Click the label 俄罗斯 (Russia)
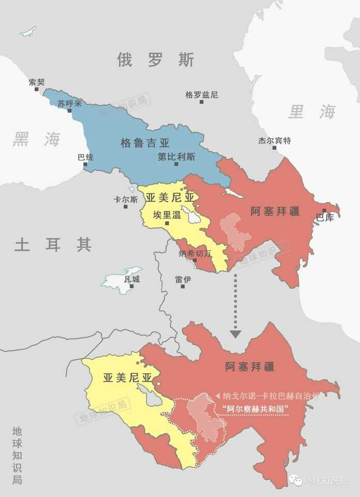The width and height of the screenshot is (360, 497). click(x=156, y=60)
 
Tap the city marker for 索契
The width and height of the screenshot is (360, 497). click(x=37, y=89)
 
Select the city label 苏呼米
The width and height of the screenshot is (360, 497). click(x=70, y=103)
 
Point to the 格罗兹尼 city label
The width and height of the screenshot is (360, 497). click(x=202, y=95)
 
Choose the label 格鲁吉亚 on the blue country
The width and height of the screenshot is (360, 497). click(x=145, y=143)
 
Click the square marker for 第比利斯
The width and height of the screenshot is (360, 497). click(x=176, y=164)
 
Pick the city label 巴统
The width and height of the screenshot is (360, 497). click(x=85, y=157)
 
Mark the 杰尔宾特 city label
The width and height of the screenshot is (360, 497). click(x=275, y=140)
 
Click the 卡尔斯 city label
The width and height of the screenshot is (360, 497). click(x=126, y=199)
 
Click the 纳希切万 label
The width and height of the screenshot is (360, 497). click(x=195, y=253)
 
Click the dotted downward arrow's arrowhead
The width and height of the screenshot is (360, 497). click(x=235, y=334)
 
